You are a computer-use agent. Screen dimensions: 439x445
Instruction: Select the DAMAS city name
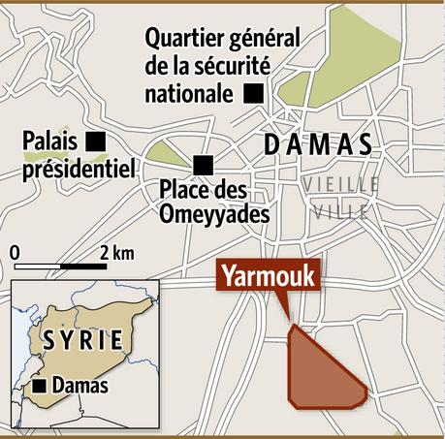pyautogui.click(x=319, y=146)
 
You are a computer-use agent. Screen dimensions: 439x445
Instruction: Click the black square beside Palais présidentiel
pyautogui.click(x=95, y=141)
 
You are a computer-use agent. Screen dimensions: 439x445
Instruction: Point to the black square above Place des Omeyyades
pyautogui.click(x=203, y=163)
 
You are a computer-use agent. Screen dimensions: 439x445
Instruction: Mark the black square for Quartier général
pyautogui.click(x=253, y=93)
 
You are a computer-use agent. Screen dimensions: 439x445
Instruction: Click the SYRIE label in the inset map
pyautogui.click(x=82, y=341)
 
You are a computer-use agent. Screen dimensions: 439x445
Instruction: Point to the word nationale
pyautogui.click(x=189, y=94)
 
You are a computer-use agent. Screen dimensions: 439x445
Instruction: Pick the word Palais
pyautogui.click(x=49, y=142)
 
